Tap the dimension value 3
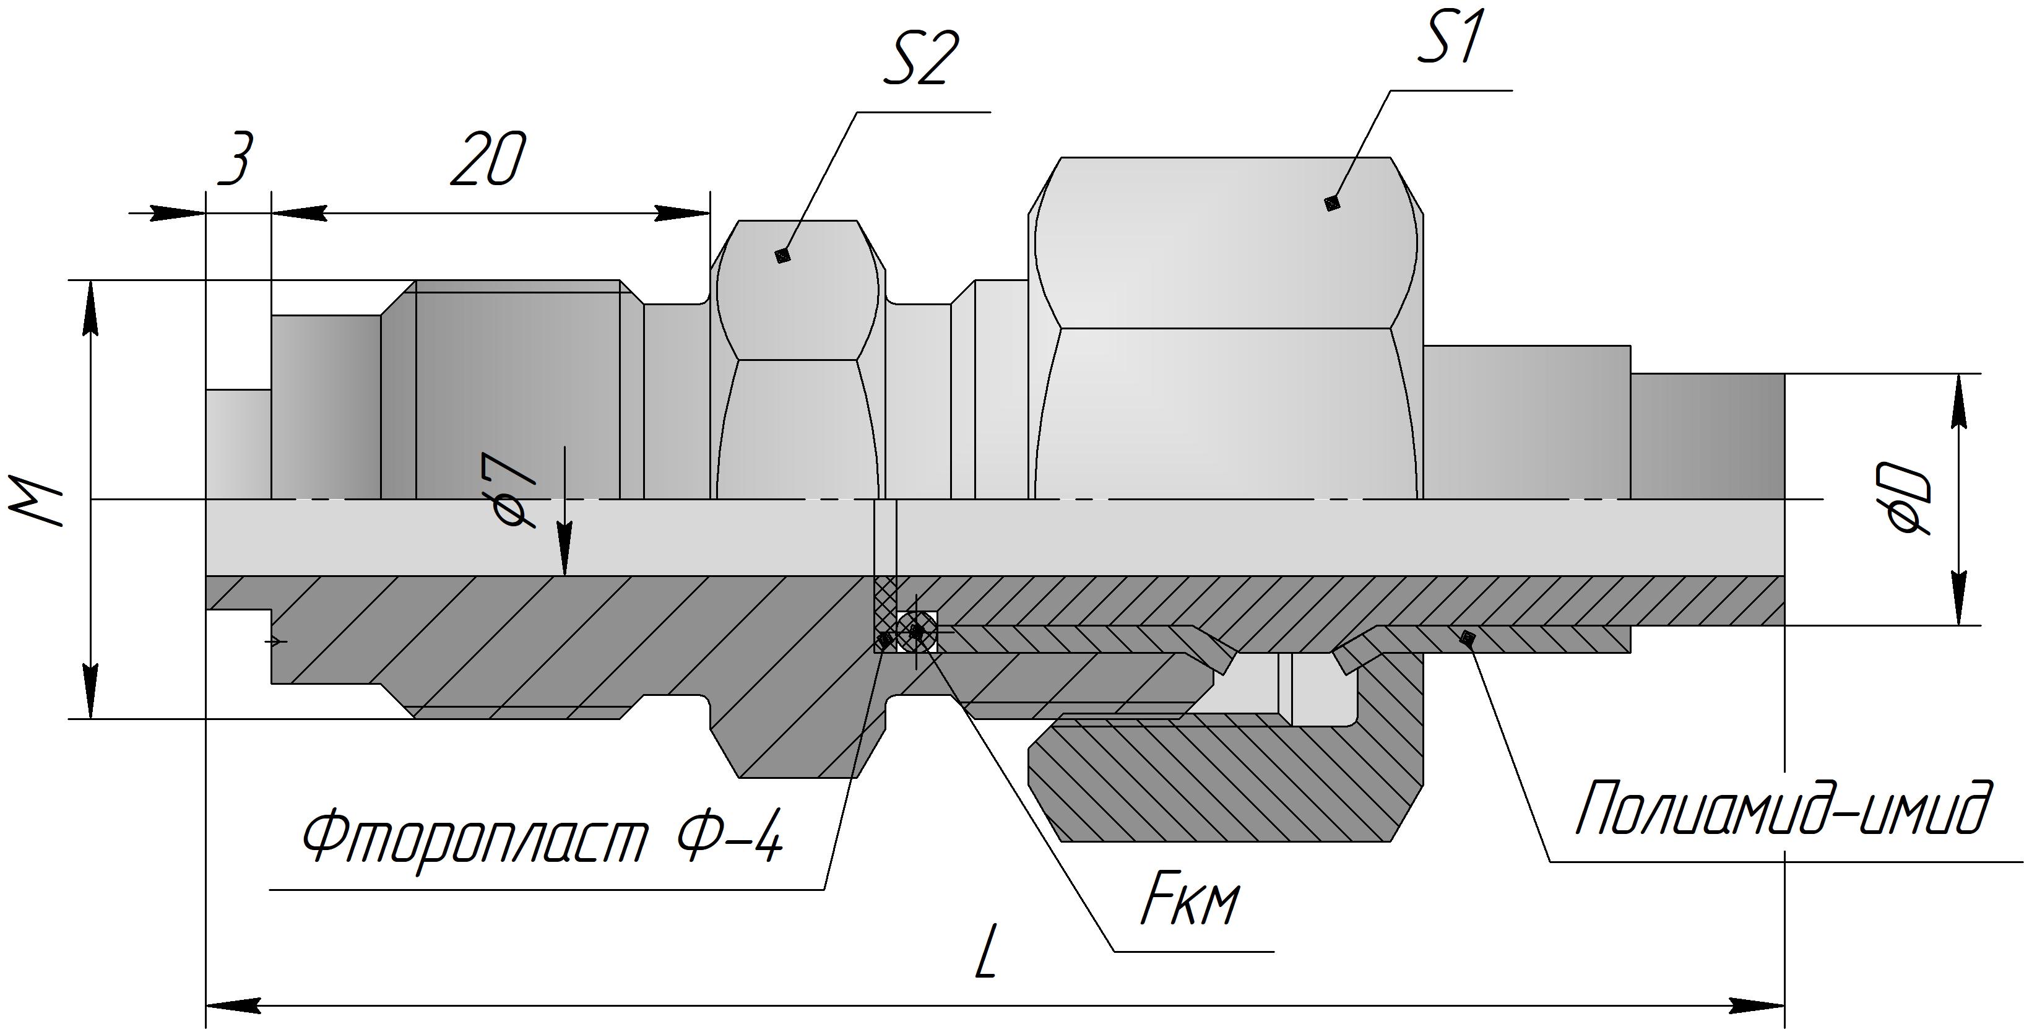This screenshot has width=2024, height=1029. pos(236,160)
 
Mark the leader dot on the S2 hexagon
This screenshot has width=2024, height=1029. pos(782,256)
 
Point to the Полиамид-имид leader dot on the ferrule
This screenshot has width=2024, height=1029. pos(1466,638)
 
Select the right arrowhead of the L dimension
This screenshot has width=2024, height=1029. pos(1760,1005)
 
